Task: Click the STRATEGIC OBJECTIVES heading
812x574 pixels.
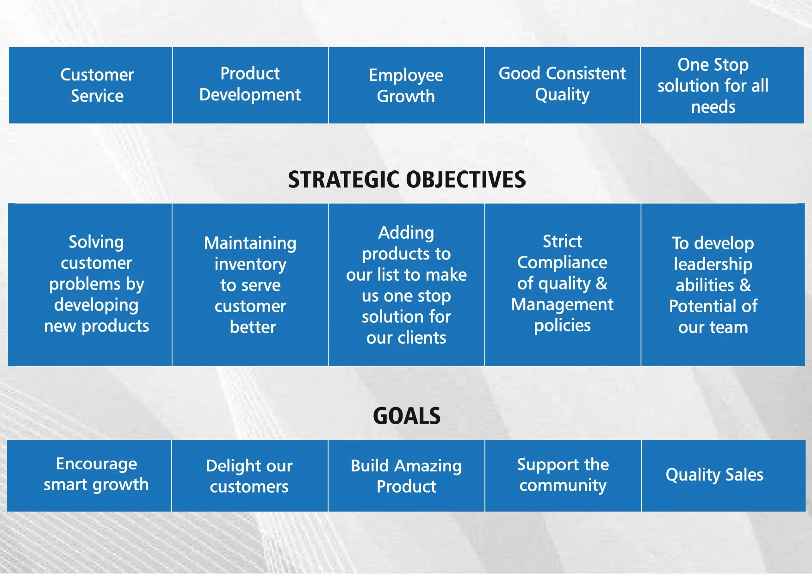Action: (x=407, y=179)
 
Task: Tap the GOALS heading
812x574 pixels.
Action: (x=407, y=416)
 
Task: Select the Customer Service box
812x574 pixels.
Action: (x=90, y=85)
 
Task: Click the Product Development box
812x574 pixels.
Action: (x=250, y=85)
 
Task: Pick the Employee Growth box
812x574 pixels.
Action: (x=406, y=85)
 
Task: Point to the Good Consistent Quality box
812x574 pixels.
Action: (x=562, y=85)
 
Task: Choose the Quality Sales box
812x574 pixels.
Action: (x=724, y=475)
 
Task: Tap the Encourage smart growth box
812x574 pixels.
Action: (x=89, y=475)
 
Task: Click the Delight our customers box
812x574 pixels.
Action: (x=250, y=475)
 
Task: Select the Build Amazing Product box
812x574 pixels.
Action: (x=406, y=475)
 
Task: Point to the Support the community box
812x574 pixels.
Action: (x=563, y=475)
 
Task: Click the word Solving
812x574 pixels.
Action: (x=96, y=242)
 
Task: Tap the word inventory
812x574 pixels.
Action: (x=250, y=264)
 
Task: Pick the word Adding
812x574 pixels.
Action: (x=406, y=233)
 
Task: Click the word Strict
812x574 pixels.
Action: (x=562, y=241)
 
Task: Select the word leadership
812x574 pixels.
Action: (x=713, y=264)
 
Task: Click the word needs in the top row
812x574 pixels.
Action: (x=713, y=107)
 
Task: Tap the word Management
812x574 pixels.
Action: (x=562, y=304)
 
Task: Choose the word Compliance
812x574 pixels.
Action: (x=562, y=262)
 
